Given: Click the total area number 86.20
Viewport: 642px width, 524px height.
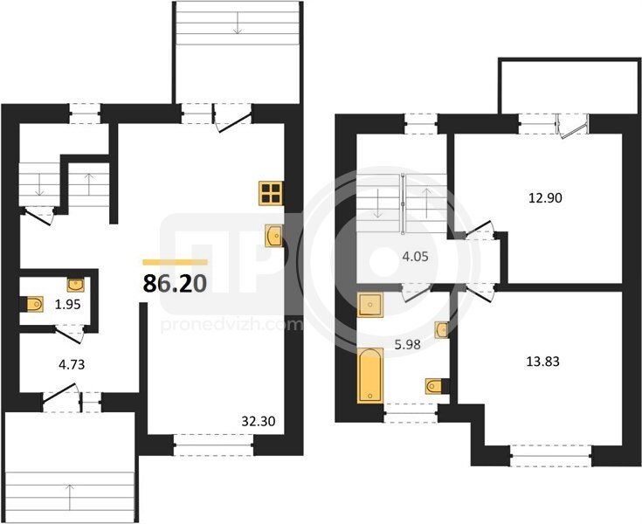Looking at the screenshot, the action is pyautogui.click(x=175, y=283).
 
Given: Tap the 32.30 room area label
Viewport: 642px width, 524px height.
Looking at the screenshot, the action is pyautogui.click(x=258, y=421).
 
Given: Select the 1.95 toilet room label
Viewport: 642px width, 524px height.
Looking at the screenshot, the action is pyautogui.click(x=69, y=305).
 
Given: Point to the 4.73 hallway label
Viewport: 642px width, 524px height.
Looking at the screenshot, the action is pyautogui.click(x=72, y=364).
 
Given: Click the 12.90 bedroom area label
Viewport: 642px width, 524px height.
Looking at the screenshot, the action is pyautogui.click(x=545, y=198).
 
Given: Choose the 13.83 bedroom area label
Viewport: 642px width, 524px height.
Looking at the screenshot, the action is pyautogui.click(x=542, y=362).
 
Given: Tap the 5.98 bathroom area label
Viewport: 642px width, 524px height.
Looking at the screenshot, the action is pyautogui.click(x=407, y=345).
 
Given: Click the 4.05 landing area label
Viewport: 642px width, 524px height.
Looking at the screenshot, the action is pyautogui.click(x=415, y=257).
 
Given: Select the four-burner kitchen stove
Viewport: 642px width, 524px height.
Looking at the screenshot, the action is pyautogui.click(x=271, y=193).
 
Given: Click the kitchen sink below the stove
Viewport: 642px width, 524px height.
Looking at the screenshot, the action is pyautogui.click(x=273, y=236).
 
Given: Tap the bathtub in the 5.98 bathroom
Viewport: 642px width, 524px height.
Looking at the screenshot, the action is pyautogui.click(x=370, y=376).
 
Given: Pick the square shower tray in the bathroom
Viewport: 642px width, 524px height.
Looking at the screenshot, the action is pyautogui.click(x=370, y=305).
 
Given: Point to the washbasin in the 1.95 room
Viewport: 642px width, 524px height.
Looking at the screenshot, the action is pyautogui.click(x=76, y=285).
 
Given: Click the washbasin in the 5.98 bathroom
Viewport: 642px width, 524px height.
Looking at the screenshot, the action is pyautogui.click(x=441, y=329).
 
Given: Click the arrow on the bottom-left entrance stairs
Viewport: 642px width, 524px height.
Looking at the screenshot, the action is pyautogui.click(x=70, y=496).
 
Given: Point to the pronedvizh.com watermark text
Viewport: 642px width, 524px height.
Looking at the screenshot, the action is pyautogui.click(x=231, y=326).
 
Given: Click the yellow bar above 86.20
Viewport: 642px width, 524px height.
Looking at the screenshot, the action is pyautogui.click(x=175, y=262).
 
